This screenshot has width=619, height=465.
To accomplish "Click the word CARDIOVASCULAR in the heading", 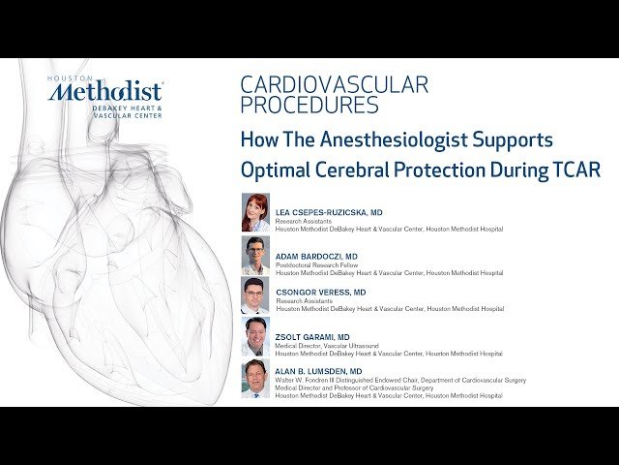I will click(334, 84).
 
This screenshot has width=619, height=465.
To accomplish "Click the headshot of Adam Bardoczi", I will click(255, 256).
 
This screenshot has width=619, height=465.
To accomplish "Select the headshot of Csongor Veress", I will click(255, 296).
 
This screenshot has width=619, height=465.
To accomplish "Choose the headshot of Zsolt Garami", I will click(255, 336).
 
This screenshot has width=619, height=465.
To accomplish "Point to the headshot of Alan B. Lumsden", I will click(255, 378).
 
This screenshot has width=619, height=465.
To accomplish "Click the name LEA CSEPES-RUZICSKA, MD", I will click(329, 211).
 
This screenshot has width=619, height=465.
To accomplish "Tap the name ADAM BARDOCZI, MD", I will click(316, 257).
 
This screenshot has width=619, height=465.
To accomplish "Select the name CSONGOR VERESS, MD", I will click(320, 292).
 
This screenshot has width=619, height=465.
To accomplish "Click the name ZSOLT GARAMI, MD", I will click(311, 336).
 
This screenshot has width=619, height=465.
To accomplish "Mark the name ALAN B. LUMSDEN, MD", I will click(318, 371).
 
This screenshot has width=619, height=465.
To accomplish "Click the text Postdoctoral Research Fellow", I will click(312, 265).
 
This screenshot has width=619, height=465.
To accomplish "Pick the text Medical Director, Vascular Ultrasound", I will click(323, 345).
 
